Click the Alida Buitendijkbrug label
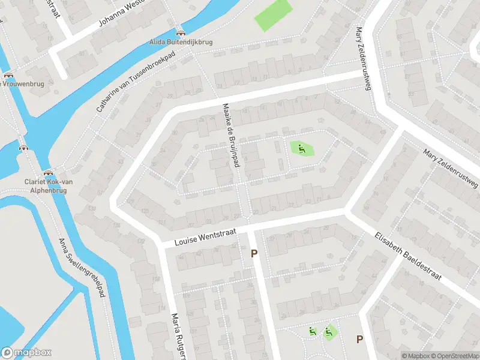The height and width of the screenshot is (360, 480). point(181,43)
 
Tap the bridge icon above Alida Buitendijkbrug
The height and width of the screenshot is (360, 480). point(181,32)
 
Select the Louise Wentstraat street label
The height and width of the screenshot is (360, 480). point(206,237)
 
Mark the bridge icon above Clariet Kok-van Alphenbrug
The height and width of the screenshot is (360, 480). point(47,172)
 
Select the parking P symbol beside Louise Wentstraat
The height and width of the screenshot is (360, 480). point(254,254)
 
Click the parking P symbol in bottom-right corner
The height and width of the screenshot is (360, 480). point(359,339)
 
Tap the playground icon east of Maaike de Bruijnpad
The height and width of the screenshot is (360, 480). point(302,148)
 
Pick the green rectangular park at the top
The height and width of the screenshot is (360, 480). point(273,15)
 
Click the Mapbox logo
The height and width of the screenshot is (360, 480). point(26,353)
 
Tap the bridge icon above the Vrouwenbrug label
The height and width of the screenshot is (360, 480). point(8,75)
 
